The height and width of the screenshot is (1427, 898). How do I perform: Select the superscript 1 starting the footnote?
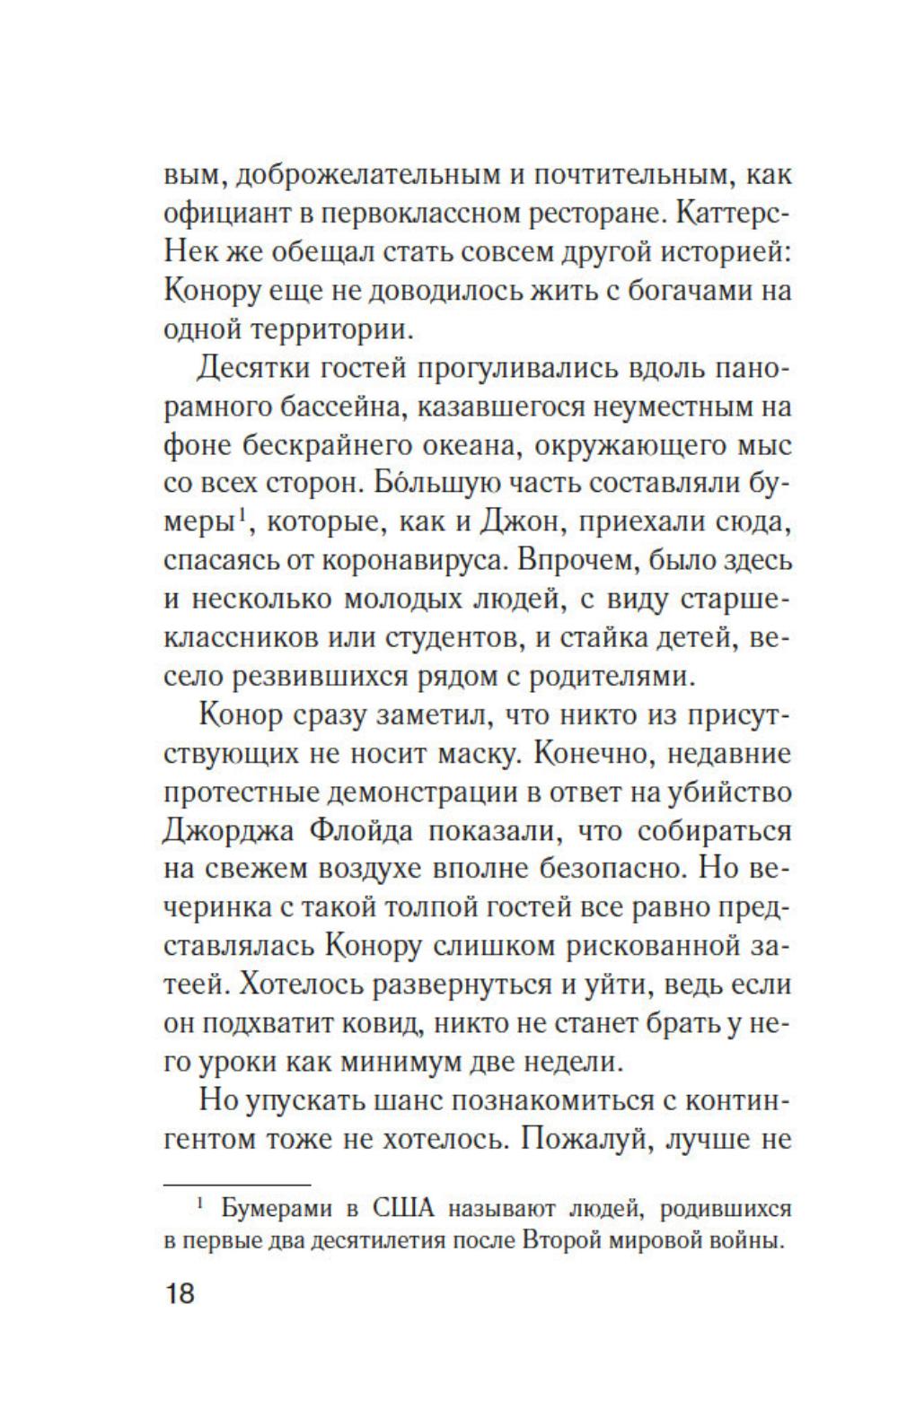(201, 1204)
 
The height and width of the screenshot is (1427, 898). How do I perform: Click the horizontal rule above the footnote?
(236, 1185)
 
